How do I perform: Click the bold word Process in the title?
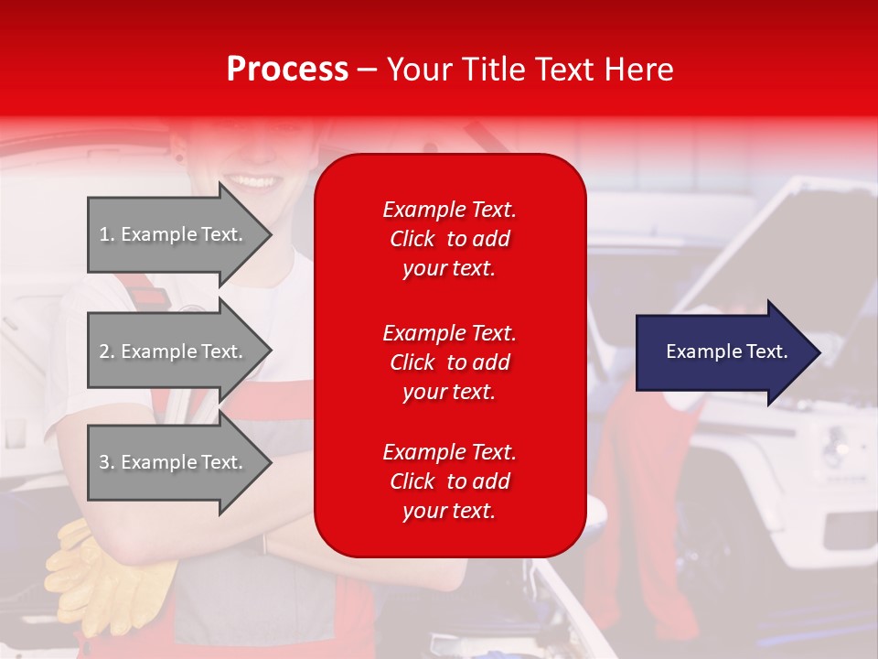[x=287, y=70]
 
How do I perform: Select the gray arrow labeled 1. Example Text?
[x=174, y=234]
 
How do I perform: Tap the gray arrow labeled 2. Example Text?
[x=174, y=351]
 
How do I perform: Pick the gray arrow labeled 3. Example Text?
[x=174, y=462]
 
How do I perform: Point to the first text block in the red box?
[x=449, y=239]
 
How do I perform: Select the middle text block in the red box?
[x=449, y=362]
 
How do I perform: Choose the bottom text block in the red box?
[x=449, y=481]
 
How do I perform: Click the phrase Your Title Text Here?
[x=530, y=70]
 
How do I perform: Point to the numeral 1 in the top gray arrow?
[x=104, y=234]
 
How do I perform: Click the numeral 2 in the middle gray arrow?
[x=104, y=351]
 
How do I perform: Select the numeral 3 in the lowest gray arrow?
[x=104, y=462]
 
